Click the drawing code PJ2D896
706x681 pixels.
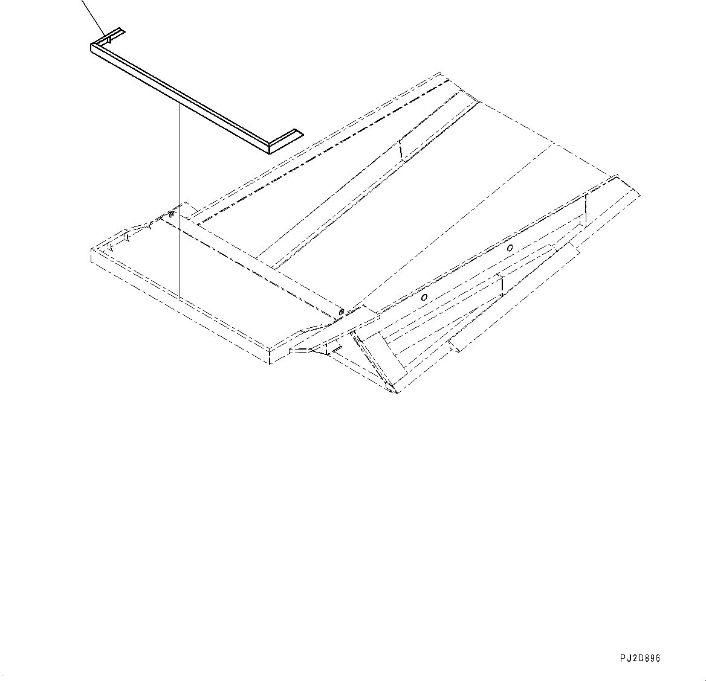[640, 658]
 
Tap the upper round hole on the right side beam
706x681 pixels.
[510, 248]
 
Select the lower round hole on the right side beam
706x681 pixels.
[425, 297]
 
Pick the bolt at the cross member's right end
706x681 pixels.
[342, 312]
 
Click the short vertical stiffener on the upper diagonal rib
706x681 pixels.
[400, 150]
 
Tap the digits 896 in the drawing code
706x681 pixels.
[650, 658]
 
